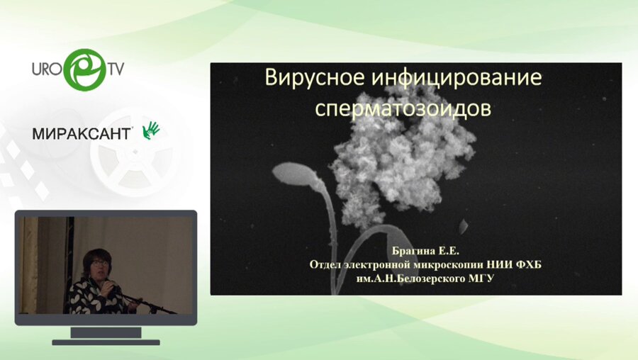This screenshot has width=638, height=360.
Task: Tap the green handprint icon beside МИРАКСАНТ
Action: click(x=152, y=130)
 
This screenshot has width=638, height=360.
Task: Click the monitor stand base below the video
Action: click(x=106, y=341)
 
